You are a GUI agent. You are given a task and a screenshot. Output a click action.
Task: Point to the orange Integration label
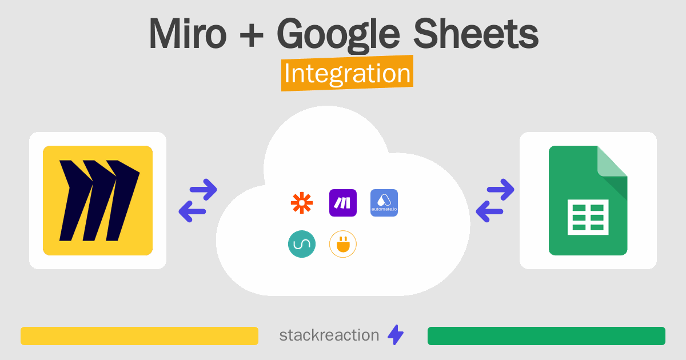347,74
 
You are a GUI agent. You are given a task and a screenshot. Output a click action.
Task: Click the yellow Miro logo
98,201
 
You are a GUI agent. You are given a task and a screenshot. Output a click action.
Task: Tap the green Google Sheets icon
588,201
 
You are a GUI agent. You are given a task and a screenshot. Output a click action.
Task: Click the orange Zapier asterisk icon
302,203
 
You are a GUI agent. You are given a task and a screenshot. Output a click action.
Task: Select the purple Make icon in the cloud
343,203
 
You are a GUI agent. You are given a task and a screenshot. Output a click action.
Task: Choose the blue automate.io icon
384,203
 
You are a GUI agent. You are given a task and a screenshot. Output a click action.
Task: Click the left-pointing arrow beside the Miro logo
193,212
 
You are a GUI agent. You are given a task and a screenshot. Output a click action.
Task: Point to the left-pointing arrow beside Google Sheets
490,212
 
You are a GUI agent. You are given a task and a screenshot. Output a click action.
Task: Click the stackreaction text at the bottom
329,335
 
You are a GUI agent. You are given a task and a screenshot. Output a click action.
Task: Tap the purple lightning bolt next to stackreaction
396,335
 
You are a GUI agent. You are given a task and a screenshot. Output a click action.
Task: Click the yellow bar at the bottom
139,336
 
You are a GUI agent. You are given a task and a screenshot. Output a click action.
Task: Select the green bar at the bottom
546,336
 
